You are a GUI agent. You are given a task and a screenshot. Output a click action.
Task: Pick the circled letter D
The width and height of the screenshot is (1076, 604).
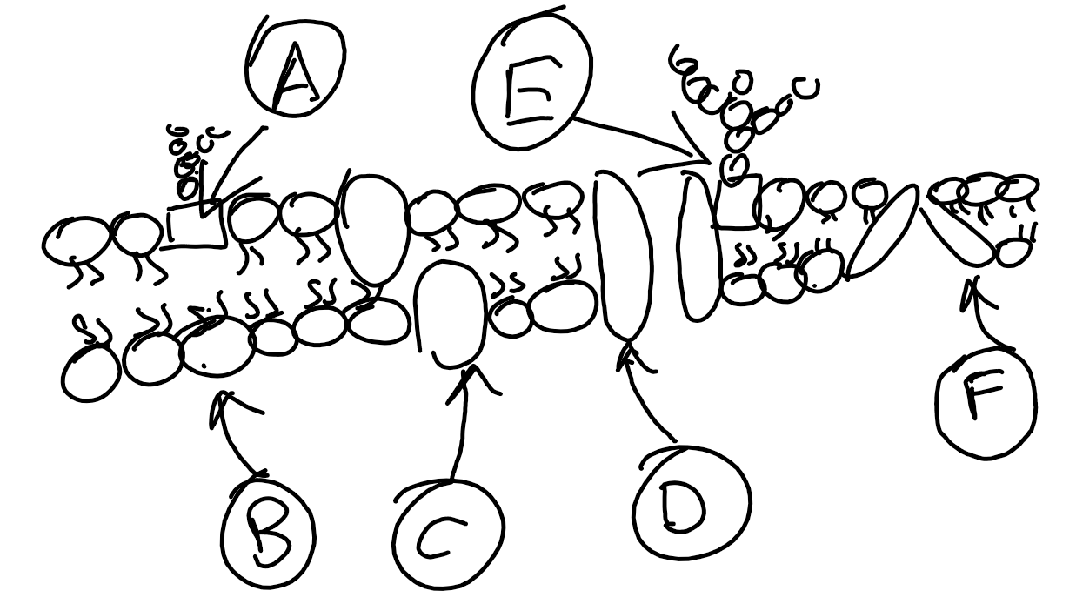(692, 502)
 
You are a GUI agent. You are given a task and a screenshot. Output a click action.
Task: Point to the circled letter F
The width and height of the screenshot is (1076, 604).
(986, 402)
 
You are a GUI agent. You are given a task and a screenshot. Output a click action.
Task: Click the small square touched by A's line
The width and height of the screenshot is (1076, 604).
(196, 225)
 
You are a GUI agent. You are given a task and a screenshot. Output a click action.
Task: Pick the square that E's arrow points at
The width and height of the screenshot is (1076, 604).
(738, 201)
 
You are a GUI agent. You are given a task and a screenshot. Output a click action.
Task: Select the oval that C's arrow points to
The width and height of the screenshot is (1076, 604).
(450, 314)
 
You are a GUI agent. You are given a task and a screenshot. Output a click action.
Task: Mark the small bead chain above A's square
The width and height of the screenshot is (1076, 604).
(187, 157)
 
